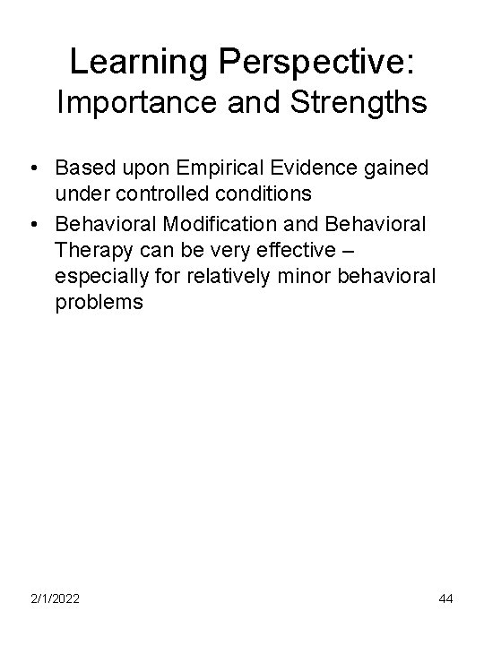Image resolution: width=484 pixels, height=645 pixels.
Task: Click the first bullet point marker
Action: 33,168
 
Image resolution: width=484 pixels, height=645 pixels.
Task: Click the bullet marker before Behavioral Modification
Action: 33,221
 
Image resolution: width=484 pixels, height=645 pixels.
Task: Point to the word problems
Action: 99,302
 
